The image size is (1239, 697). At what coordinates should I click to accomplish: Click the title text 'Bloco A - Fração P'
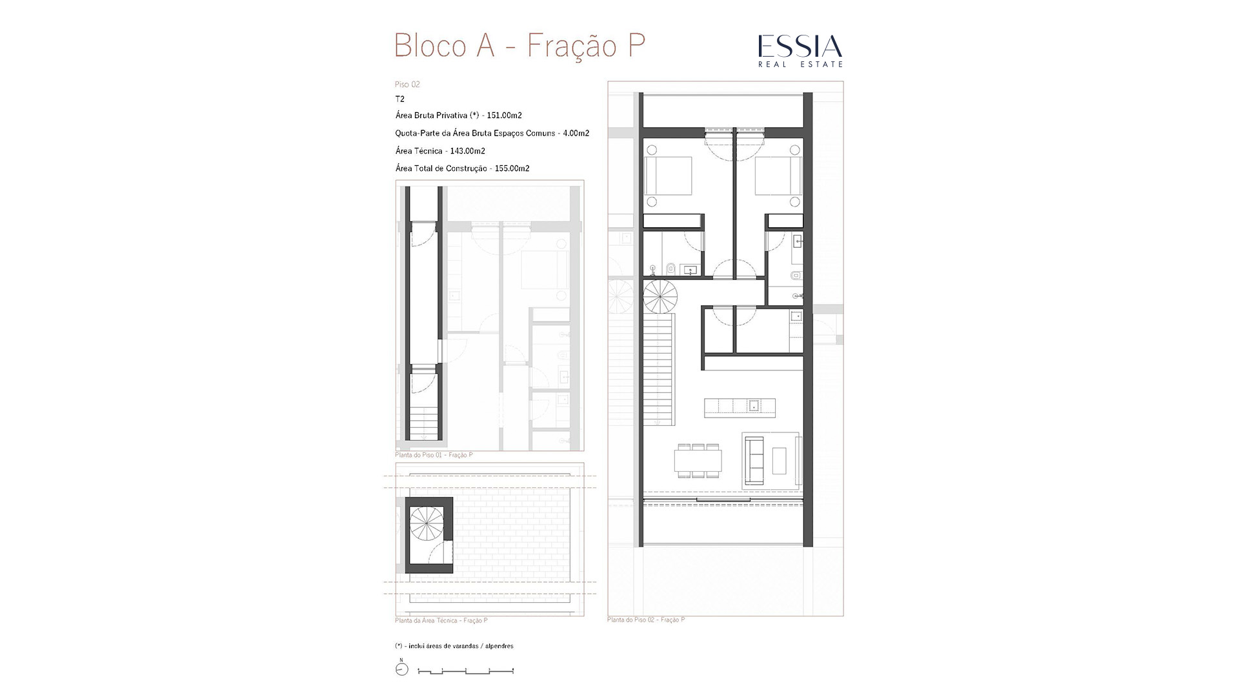[x=519, y=46]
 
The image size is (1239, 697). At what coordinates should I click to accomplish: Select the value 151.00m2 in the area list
[x=505, y=116]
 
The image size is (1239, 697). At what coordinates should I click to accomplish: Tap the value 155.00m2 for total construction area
[x=512, y=168]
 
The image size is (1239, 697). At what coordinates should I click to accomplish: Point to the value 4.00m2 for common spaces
[x=576, y=134]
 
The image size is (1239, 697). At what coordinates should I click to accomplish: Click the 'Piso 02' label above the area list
[x=407, y=85]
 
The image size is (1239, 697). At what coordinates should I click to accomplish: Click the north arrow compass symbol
[x=401, y=669]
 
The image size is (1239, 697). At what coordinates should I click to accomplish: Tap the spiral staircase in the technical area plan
[x=427, y=523]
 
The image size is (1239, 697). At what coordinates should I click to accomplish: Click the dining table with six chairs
[x=698, y=460]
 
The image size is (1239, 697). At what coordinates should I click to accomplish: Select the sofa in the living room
[x=754, y=460]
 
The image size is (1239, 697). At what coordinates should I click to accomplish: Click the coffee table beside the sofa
[x=780, y=461]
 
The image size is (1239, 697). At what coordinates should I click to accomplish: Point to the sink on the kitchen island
[x=753, y=406]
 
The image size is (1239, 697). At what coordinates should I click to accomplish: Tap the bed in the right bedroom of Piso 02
[x=778, y=176]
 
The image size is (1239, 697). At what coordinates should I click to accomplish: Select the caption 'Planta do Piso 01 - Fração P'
[x=434, y=455]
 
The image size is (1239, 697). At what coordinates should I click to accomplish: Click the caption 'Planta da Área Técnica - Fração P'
[x=441, y=621]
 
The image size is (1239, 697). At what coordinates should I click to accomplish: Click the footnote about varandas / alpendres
[x=454, y=646]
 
